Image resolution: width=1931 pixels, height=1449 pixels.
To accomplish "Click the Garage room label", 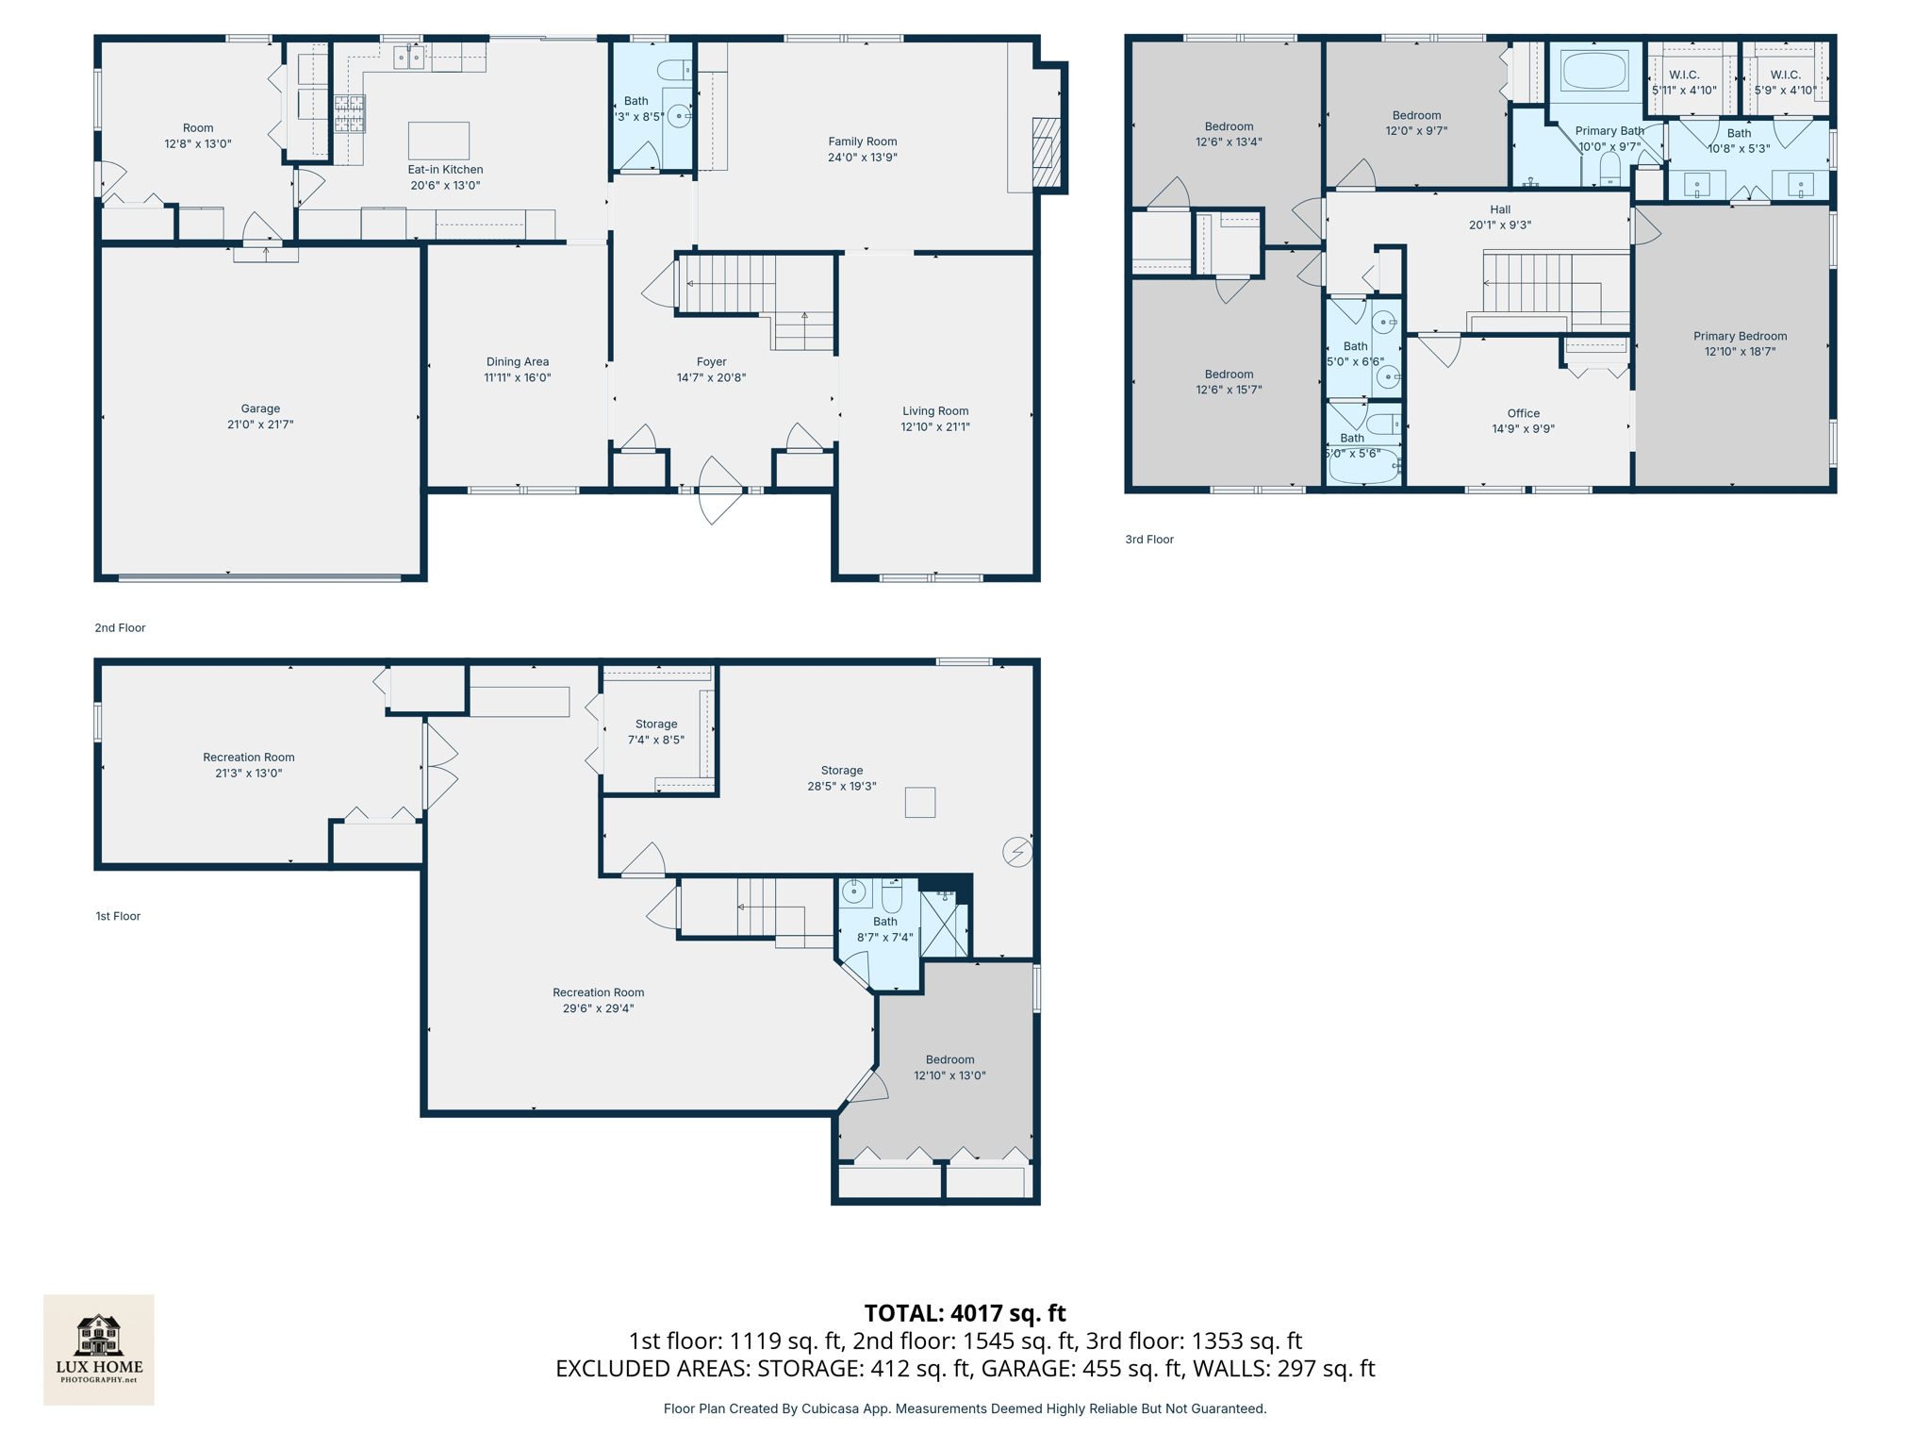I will click(x=260, y=408).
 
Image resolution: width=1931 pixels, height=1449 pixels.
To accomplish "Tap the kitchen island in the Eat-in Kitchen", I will click(x=438, y=141).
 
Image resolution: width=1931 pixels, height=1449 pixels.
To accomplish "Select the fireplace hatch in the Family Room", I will click(x=1047, y=152).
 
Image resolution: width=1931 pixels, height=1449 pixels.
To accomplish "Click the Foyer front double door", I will click(x=720, y=491).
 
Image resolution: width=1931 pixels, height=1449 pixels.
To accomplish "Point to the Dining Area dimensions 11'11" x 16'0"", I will click(x=518, y=377).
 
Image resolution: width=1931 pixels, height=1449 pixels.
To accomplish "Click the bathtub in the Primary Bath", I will click(x=1594, y=71).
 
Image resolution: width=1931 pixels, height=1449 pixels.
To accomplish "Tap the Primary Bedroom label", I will click(x=1740, y=336).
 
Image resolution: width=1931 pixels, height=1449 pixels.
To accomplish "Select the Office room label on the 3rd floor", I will click(x=1523, y=413).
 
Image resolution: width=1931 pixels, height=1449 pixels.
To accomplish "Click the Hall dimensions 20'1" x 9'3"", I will click(x=1500, y=225).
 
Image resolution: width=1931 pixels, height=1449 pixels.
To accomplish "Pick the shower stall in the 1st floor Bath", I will click(x=944, y=924).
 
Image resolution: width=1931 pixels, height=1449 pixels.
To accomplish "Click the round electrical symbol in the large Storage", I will click(x=1017, y=852).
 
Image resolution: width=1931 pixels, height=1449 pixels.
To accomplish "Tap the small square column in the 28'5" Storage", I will click(x=920, y=802).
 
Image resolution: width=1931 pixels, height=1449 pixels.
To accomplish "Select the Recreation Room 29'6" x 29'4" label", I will click(x=598, y=1000).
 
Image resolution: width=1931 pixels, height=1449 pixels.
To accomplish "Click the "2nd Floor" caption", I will click(x=120, y=627).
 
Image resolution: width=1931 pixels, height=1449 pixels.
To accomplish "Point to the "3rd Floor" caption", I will click(x=1148, y=540).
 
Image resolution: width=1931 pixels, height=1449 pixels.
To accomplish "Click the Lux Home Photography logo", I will click(x=99, y=1349).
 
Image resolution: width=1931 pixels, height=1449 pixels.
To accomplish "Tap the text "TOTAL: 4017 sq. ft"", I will click(x=965, y=1313).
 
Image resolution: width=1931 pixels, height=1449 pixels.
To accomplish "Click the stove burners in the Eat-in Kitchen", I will click(x=349, y=113).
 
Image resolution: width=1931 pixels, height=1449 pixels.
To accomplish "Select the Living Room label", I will click(x=934, y=410).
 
